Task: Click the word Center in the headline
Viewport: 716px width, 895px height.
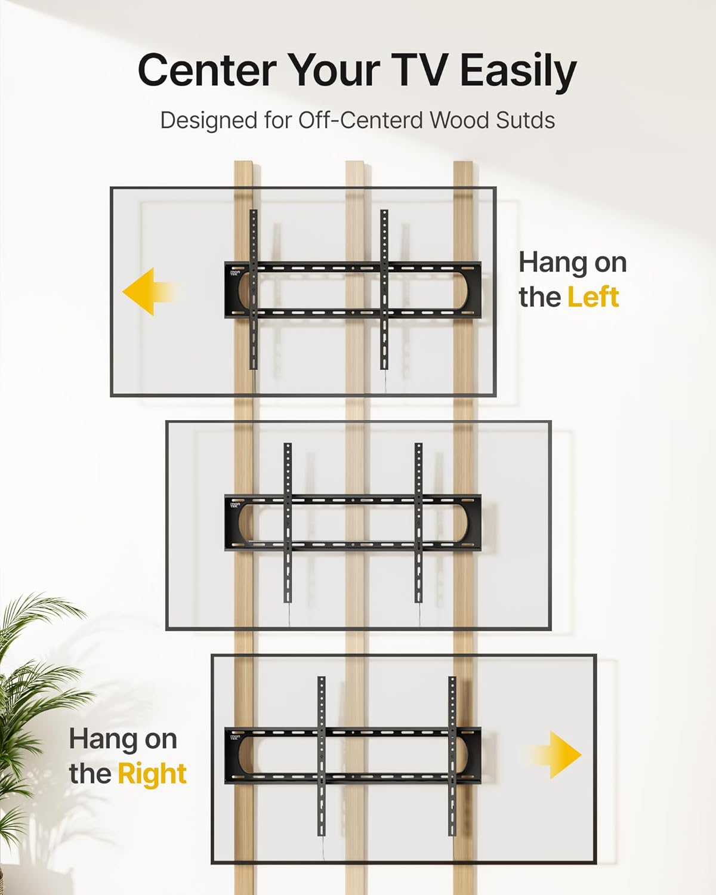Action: (x=207, y=70)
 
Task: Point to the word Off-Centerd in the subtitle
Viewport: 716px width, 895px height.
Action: (x=361, y=120)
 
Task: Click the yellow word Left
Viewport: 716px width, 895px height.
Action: (x=593, y=297)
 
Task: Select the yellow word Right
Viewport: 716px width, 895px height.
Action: (x=152, y=774)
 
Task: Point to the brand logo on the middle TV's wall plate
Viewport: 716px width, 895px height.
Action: (x=235, y=505)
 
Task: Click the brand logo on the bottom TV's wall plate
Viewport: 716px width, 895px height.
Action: (x=235, y=738)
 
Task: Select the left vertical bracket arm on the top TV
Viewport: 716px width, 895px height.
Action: (x=254, y=289)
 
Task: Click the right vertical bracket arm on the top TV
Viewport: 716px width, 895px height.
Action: (x=384, y=289)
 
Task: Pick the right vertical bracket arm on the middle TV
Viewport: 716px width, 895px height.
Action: (x=418, y=522)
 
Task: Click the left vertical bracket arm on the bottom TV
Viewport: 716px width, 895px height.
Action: (x=321, y=755)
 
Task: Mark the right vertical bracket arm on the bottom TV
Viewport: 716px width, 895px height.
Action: (x=452, y=755)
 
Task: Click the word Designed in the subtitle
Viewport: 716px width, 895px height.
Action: (x=209, y=121)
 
